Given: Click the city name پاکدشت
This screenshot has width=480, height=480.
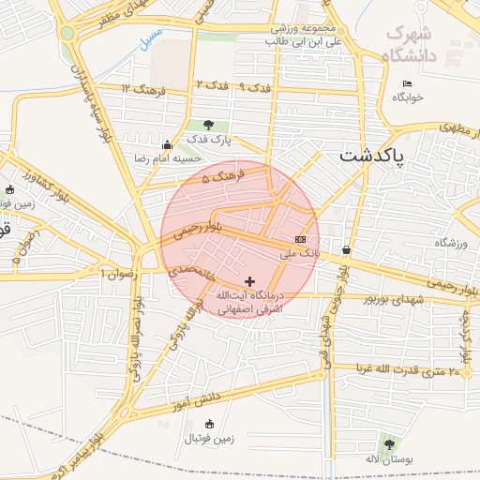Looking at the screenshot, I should [373, 155].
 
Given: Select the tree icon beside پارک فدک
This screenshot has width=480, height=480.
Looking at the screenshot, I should [207, 125].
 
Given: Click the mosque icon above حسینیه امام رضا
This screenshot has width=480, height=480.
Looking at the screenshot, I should [168, 144].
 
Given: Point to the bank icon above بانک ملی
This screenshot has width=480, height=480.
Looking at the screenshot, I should [299, 239].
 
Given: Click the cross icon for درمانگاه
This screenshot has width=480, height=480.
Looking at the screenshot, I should [249, 281].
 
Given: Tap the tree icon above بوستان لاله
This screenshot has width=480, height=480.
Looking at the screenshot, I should [388, 443].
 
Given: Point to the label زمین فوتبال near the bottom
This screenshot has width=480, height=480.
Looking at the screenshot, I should [208, 438].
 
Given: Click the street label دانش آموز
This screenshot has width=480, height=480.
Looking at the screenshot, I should [195, 399].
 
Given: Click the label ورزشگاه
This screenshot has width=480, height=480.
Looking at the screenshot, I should [450, 243].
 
